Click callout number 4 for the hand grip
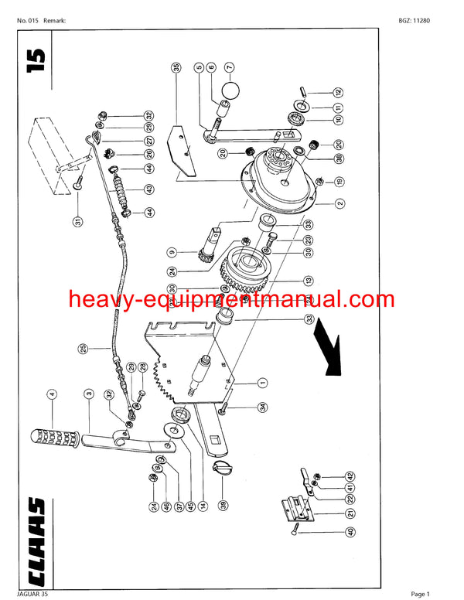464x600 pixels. click(53, 394)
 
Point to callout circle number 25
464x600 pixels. click(83, 349)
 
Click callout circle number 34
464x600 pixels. click(262, 407)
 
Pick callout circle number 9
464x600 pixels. click(172, 251)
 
